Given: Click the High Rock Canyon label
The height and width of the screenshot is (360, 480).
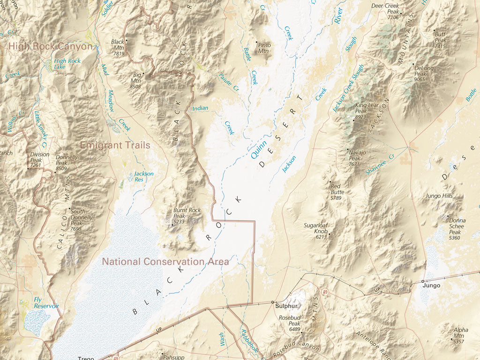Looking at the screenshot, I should [x=51, y=46].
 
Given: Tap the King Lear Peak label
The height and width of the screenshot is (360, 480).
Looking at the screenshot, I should [x=367, y=108].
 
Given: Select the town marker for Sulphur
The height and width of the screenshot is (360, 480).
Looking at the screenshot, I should [x=273, y=302].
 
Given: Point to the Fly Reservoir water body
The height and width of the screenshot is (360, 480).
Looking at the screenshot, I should [x=37, y=322].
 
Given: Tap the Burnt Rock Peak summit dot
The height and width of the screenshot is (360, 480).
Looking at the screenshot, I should [x=172, y=225].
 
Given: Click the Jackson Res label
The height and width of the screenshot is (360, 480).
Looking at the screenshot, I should [x=143, y=176].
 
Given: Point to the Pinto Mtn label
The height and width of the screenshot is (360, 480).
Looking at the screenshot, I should [x=264, y=48].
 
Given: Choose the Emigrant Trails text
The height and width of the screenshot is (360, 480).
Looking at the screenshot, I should [x=115, y=145].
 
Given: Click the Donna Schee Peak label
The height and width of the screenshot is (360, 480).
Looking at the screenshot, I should [x=457, y=226].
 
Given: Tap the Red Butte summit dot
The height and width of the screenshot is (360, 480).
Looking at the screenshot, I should [x=330, y=182].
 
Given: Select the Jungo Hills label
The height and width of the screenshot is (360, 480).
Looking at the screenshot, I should [x=439, y=195].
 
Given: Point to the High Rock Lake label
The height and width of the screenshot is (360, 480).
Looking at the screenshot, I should [x=67, y=64].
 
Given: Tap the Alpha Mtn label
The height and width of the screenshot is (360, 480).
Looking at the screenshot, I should [x=460, y=333].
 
